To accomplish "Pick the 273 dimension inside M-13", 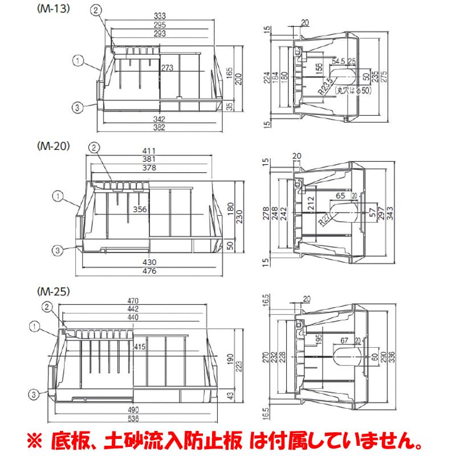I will [x=167, y=67].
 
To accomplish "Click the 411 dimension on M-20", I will [x=150, y=151].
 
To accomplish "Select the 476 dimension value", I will [x=150, y=271].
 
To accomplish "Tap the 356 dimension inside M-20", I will [x=140, y=209].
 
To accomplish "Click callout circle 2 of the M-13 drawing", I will [x=96, y=10].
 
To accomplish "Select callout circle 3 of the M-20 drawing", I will [x=58, y=249].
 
